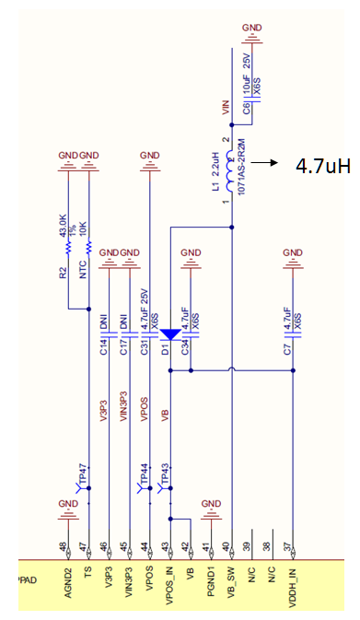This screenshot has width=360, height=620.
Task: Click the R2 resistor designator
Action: click(64, 272)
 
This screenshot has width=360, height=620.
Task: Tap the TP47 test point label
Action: click(83, 472)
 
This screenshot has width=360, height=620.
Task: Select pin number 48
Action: click(63, 546)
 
